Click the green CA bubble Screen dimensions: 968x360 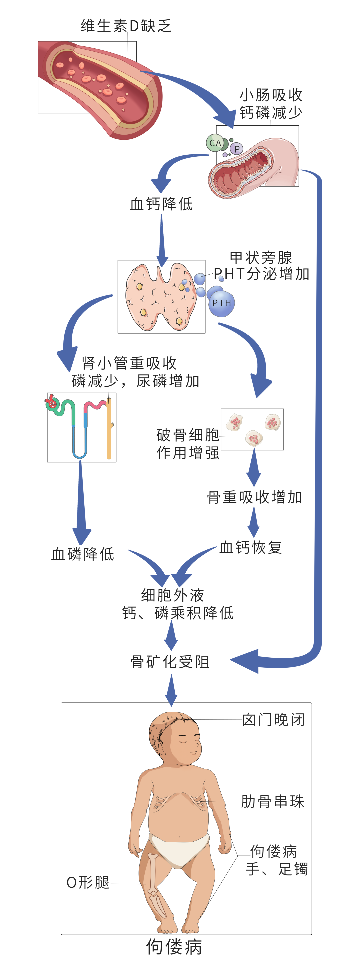(x=215, y=143)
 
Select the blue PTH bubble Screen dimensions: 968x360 (x=222, y=303)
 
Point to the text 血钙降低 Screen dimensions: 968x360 (x=161, y=204)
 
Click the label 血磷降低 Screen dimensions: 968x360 (x=83, y=554)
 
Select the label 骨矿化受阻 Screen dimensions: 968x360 (x=170, y=662)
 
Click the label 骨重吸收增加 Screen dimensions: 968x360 (x=254, y=497)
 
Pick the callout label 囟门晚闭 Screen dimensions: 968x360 (x=273, y=720)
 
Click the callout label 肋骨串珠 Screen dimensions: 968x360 (x=272, y=802)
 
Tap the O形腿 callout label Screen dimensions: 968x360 (x=88, y=883)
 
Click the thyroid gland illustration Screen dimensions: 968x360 (x=161, y=297)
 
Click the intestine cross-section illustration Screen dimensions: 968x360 (x=254, y=165)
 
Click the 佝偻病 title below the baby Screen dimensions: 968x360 (x=174, y=947)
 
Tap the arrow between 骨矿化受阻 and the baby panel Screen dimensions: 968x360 (x=171, y=690)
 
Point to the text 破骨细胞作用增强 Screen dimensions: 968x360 (x=188, y=444)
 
